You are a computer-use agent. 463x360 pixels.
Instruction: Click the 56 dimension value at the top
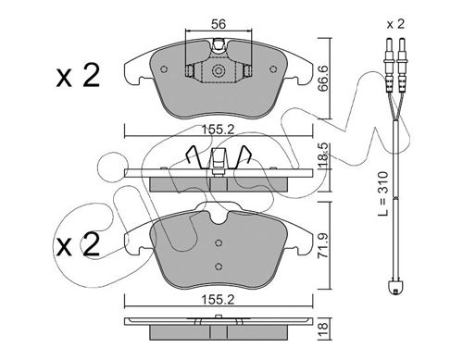pyautogui.click(x=219, y=24)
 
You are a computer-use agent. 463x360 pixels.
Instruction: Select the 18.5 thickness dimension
pyautogui.click(x=324, y=155)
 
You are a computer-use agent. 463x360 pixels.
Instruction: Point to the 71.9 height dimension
pyautogui.click(x=324, y=245)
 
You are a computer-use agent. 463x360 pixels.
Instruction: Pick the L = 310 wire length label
pyautogui.click(x=383, y=193)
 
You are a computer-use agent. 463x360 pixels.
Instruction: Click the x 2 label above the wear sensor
pyautogui.click(x=395, y=24)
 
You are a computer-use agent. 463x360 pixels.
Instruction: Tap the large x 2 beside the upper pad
pyautogui.click(x=78, y=75)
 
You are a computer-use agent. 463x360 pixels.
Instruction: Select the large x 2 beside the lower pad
pyautogui.click(x=77, y=244)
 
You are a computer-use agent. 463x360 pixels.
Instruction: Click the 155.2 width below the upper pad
pyautogui.click(x=218, y=130)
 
